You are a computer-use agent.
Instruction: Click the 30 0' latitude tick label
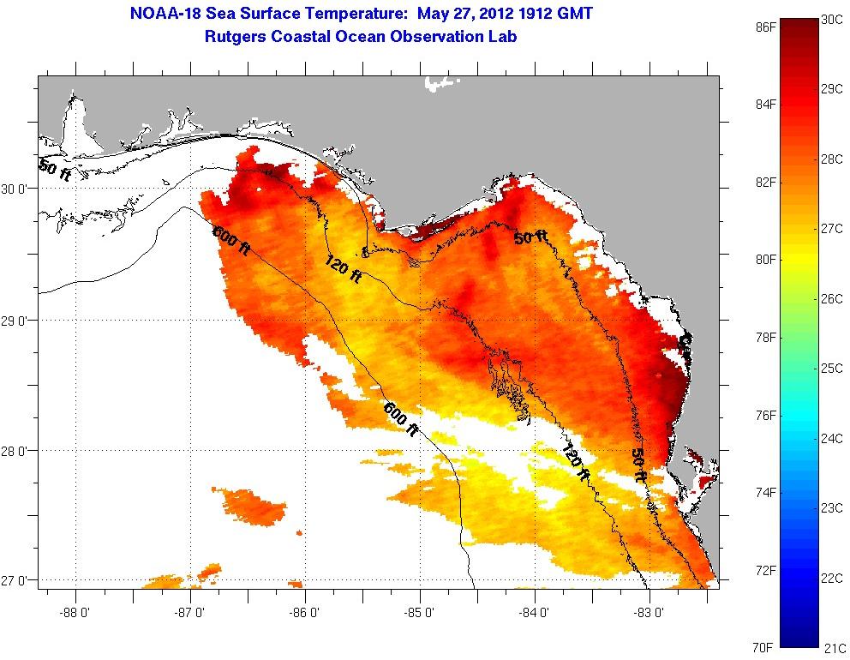pos(17,189)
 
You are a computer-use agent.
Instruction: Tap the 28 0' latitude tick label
pos(17,450)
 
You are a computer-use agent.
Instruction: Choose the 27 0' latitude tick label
pos(17,580)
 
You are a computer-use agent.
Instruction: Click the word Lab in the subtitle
pos(504,37)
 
